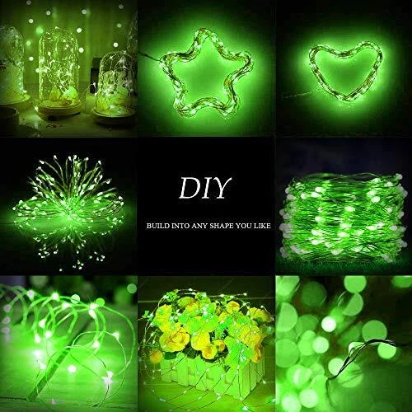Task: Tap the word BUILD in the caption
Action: click(x=157, y=226)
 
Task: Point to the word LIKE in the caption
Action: click(x=263, y=226)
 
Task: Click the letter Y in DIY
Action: click(x=221, y=188)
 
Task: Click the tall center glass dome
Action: click(x=57, y=70)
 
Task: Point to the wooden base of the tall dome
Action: click(x=56, y=113)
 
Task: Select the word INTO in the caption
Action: click(x=180, y=226)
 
